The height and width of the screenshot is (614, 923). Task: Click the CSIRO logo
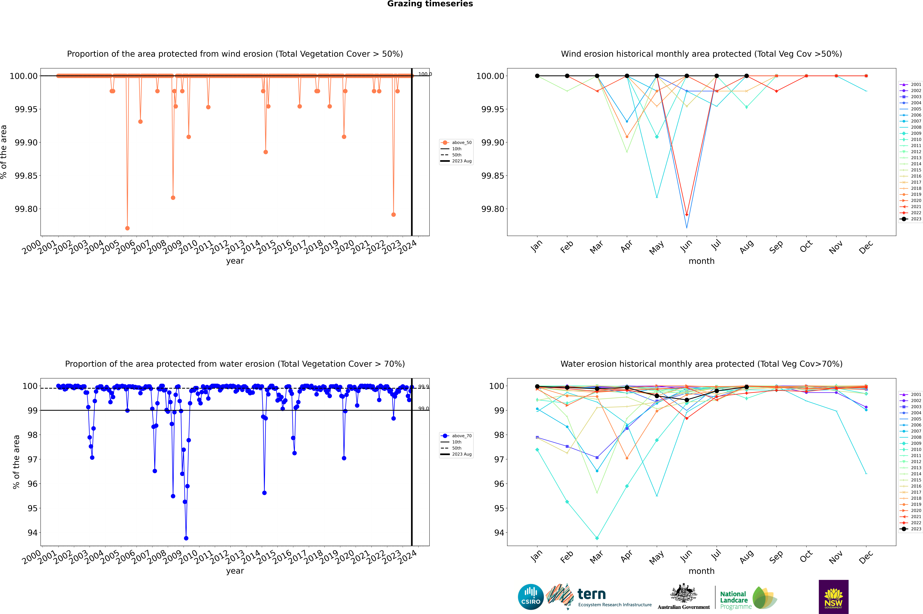point(531,597)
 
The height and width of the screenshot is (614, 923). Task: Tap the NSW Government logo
point(833,597)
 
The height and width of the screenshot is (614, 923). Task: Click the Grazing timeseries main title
point(430,4)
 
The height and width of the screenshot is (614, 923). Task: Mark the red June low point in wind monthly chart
point(687,215)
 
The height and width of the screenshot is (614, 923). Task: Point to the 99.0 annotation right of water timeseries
point(423,408)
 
